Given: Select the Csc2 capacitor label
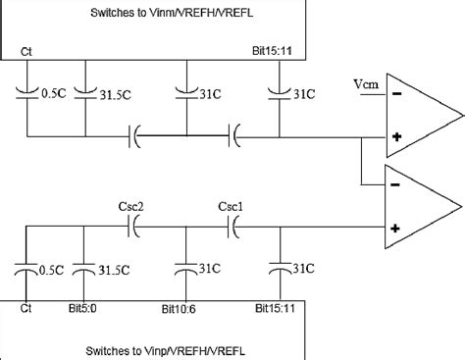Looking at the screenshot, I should click(x=130, y=207).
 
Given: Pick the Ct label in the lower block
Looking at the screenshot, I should click(x=26, y=308).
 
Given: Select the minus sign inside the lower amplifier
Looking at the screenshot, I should click(x=392, y=184).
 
